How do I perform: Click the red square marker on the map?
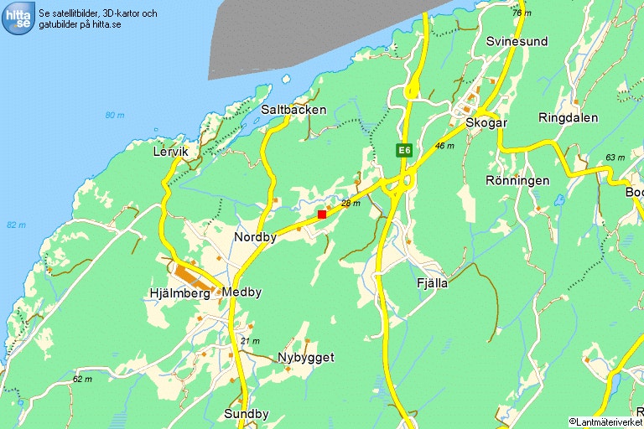coord(322,214)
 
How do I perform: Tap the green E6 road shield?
coord(405,150)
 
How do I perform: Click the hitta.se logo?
coord(18,18)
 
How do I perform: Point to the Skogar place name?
coord(486,122)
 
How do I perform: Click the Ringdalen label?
coord(569,117)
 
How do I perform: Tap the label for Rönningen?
coord(517,180)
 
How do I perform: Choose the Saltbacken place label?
coord(293,110)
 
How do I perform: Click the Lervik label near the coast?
coord(171,152)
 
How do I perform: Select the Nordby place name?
coord(255,237)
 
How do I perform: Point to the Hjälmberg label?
coord(178,292)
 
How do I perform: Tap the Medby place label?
coord(242,292)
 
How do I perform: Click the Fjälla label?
coord(432,283)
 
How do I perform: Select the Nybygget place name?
coord(306,358)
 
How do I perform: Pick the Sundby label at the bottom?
coord(247,414)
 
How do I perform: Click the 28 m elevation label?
coord(351,204)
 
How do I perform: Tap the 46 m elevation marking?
coord(444,146)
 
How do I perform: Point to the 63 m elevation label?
coord(615,158)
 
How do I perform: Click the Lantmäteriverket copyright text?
coord(605,421)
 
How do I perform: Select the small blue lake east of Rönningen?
coord(559,200)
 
